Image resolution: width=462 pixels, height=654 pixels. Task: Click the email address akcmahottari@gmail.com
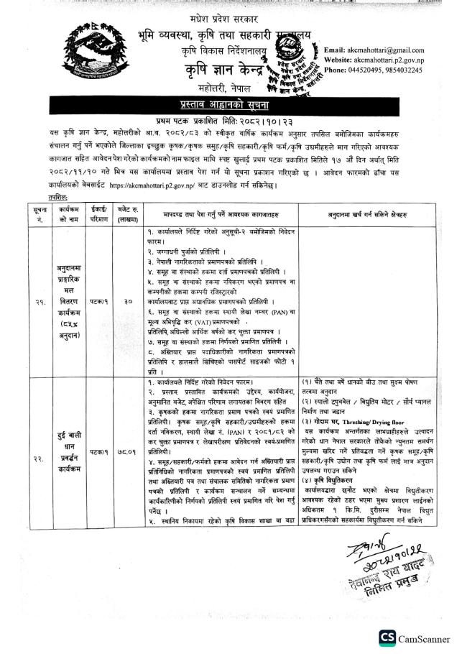394,50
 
